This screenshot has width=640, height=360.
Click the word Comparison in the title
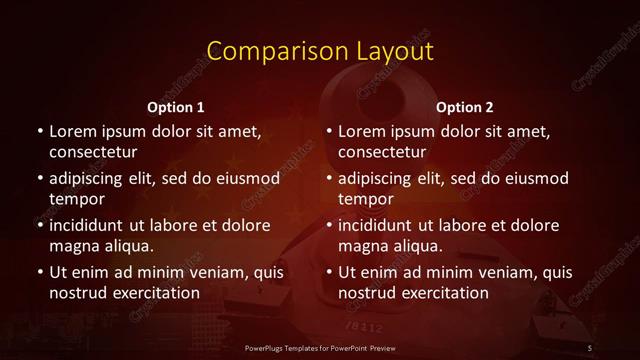[269, 51]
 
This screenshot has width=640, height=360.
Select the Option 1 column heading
[176, 107]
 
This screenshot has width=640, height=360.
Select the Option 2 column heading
[465, 107]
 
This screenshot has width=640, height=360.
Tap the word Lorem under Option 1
[73, 131]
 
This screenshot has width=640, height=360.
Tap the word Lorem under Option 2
[362, 131]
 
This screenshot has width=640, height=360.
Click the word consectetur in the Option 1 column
[93, 152]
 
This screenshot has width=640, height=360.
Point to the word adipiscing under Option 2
[381, 178]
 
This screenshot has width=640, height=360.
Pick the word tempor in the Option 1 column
[77, 199]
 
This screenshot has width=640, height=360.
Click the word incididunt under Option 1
[93, 225]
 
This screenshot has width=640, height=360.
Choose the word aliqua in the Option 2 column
[417, 246]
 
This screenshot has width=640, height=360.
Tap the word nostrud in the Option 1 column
[79, 293]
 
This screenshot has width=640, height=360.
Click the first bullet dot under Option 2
[329, 132]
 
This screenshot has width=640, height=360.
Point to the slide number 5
[590, 347]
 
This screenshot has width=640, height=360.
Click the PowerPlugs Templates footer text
[320, 347]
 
